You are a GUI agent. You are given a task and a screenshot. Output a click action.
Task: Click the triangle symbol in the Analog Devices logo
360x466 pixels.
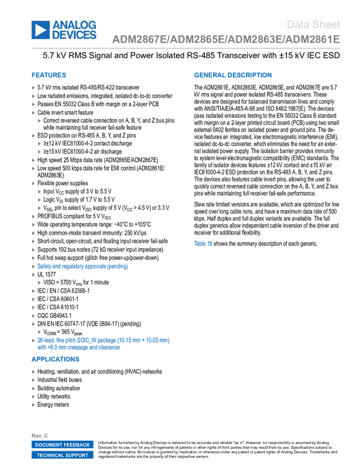(40, 30)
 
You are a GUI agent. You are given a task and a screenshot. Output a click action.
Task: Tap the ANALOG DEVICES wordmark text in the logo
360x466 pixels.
(75, 30)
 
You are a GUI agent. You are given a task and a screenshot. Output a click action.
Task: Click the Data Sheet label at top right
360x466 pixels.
(314, 24)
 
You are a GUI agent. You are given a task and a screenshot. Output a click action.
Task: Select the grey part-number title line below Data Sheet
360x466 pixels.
(226, 39)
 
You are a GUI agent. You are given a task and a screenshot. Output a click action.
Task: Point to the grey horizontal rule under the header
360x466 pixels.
(186, 48)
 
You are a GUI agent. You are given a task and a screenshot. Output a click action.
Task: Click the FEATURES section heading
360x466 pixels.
(49, 75)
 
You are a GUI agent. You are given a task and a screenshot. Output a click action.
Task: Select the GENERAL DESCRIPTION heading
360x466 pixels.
(232, 75)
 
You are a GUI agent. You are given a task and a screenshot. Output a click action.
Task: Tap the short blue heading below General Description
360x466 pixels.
(203, 243)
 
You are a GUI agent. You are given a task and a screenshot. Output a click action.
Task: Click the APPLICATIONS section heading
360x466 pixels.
(55, 360)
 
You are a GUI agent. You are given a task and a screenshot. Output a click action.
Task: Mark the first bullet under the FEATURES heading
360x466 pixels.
(33, 87)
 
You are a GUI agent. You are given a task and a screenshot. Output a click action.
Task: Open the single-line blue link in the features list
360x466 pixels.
(82, 266)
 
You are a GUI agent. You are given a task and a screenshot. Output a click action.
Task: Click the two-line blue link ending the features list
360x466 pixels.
(103, 344)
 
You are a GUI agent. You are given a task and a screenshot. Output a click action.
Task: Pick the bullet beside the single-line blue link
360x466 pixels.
(33, 266)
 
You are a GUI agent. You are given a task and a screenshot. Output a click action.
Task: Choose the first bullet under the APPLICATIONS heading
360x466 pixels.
(33, 372)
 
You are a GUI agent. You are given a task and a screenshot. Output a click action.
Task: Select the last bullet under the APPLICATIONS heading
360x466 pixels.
(33, 405)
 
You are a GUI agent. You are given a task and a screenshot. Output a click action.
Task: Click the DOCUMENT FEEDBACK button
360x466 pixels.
(62, 445)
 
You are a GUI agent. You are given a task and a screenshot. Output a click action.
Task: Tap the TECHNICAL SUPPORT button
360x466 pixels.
(62, 455)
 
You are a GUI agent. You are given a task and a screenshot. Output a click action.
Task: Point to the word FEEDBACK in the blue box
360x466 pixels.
(77, 445)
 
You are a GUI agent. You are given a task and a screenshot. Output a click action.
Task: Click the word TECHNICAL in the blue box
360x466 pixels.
(50, 455)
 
